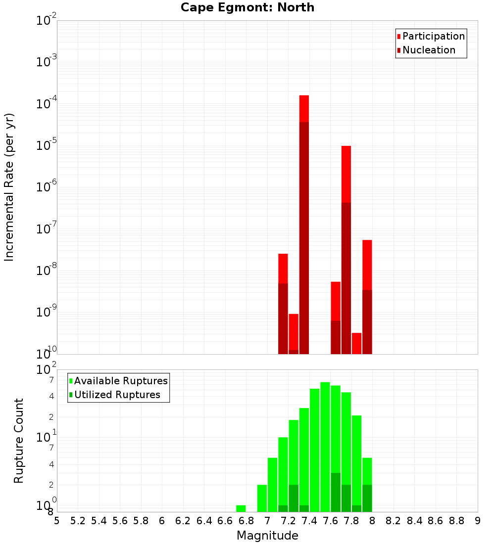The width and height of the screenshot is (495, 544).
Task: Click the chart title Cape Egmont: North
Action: click(247, 7)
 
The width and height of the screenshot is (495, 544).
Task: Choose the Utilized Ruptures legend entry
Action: click(117, 395)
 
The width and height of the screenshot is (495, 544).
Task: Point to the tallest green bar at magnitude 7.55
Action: click(325, 445)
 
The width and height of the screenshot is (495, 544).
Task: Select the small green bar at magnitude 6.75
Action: click(241, 508)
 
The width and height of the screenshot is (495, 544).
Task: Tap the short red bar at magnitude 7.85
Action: click(356, 343)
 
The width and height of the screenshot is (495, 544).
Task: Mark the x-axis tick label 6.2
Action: click(183, 521)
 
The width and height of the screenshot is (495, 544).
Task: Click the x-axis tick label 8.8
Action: click(457, 521)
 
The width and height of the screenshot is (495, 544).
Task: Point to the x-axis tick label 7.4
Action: click(309, 521)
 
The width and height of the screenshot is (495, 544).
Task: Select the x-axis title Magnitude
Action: click(267, 536)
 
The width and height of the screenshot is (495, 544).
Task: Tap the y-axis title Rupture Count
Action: click(19, 440)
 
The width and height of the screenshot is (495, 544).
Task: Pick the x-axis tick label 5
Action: click(57, 521)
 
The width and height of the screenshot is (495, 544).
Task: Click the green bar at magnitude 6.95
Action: click(262, 498)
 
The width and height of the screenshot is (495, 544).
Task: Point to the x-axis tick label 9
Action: click(478, 521)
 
